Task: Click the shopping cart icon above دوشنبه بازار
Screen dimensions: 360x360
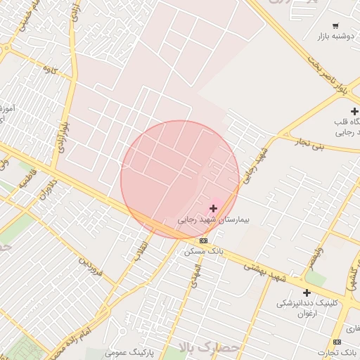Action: [335, 25]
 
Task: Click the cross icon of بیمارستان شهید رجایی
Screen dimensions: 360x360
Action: [213, 208]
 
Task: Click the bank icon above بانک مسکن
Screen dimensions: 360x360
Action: [203, 240]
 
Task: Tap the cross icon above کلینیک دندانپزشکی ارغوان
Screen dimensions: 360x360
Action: [307, 292]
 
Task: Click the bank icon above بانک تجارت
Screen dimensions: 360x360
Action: [337, 342]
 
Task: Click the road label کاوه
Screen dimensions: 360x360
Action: [49, 70]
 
